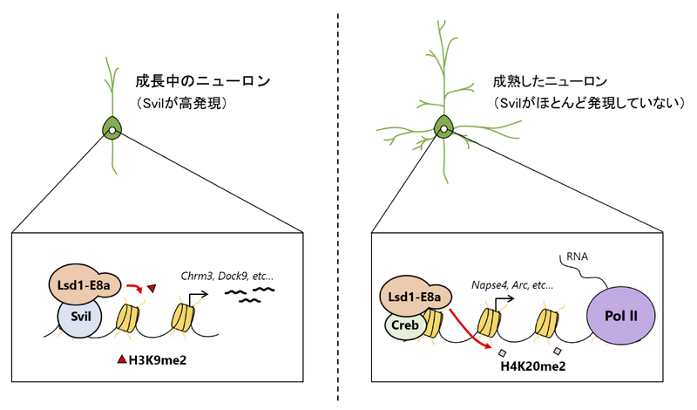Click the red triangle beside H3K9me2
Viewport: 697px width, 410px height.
tap(122, 359)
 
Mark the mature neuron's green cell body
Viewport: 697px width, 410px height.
tap(443, 130)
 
